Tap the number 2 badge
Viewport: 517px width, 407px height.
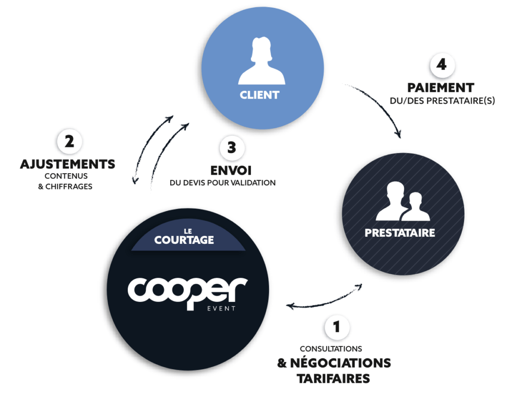[69, 142]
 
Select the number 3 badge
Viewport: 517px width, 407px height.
[232, 147]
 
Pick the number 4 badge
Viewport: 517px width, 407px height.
[442, 66]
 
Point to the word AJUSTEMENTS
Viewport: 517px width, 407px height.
[68, 164]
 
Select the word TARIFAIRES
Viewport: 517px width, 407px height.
[334, 378]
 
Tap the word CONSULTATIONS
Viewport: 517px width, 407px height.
[331, 349]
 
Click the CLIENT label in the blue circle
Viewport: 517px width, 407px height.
[259, 94]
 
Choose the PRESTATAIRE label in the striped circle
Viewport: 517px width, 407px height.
[400, 233]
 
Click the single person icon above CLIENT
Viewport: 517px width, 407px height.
[261, 62]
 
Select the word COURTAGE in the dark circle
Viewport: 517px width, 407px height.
[184, 240]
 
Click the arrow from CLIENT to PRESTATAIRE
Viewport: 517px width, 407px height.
[380, 107]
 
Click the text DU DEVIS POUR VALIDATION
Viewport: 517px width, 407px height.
[223, 183]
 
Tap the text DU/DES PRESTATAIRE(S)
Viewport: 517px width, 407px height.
[442, 100]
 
